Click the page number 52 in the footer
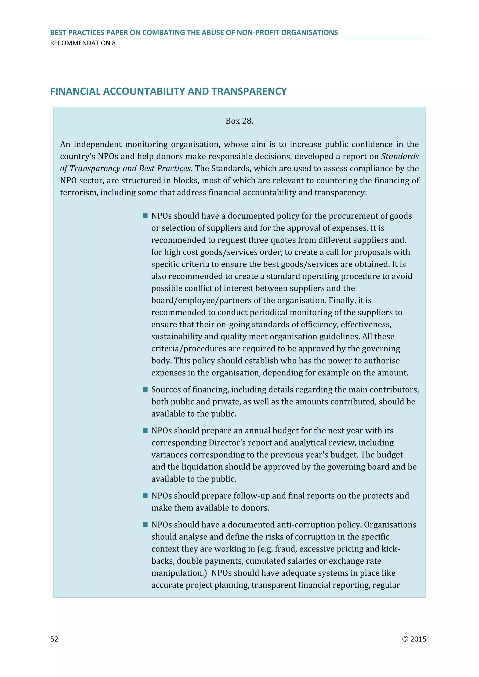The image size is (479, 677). point(54,639)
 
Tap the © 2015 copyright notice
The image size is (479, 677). point(414,639)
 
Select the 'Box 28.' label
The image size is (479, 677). point(239,121)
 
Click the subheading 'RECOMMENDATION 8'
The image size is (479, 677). point(83,43)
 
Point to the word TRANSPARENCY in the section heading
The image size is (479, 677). point(249,91)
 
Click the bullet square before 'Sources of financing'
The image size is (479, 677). point(145,389)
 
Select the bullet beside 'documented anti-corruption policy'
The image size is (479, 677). point(145,525)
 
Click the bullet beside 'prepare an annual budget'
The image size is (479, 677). point(145,431)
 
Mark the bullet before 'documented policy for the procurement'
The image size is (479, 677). point(145,216)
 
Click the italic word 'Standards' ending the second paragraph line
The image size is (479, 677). point(400,156)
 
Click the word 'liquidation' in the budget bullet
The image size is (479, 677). point(202,467)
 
